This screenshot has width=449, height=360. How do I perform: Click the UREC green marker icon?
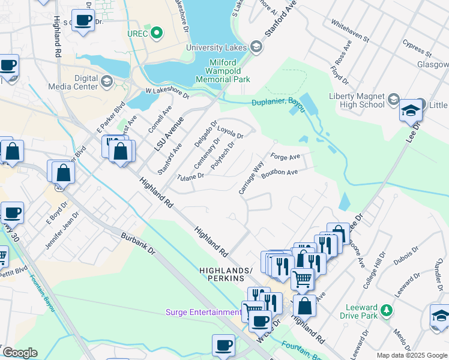[157, 32]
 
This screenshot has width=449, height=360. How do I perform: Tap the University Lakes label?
[217, 47]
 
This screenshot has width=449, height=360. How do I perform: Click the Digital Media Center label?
[77, 82]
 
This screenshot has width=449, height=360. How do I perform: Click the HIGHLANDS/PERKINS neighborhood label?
[222, 275]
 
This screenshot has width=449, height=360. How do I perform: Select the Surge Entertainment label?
[203, 312]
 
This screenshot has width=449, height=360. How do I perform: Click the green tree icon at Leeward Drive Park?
[388, 310]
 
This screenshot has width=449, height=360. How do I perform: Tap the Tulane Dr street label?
[191, 176]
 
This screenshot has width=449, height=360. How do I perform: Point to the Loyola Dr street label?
[230, 132]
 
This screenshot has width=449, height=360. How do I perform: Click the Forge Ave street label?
[285, 157]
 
